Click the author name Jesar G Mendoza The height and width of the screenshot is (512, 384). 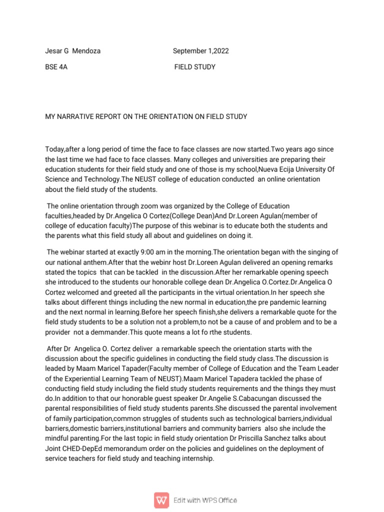[72, 51]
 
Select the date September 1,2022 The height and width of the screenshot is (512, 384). [201, 51]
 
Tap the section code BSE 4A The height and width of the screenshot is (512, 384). [56, 67]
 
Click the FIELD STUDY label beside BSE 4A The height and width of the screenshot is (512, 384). [195, 67]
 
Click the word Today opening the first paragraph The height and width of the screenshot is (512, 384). [55, 150]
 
